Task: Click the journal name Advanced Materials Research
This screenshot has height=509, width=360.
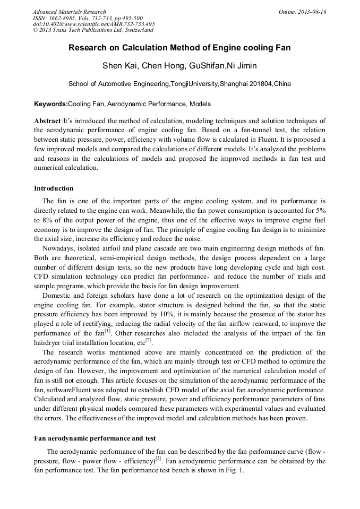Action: coord(70,12)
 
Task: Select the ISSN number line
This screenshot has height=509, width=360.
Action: coord(87,18)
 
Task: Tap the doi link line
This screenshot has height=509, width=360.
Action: coord(94,24)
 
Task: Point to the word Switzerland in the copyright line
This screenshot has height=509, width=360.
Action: coord(135,30)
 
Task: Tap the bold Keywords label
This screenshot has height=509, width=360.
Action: coord(51,104)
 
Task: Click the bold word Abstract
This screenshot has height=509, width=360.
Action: coord(48,121)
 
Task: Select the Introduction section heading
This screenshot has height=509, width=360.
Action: coord(54,188)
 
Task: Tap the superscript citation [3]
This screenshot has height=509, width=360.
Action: coord(158,459)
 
